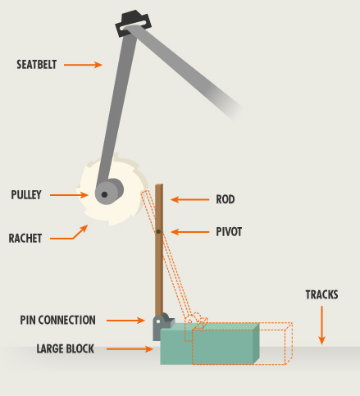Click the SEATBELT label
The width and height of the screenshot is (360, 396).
[x=37, y=65]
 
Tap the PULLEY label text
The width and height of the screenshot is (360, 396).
[x=26, y=195]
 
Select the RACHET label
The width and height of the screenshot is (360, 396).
[x=25, y=239]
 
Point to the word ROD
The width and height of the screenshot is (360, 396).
[x=226, y=199]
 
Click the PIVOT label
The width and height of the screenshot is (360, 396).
[x=229, y=232]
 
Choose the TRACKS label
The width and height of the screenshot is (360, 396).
[x=321, y=294]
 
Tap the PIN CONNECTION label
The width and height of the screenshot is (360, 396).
[x=58, y=320]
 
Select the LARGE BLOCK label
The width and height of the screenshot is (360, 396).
[x=66, y=349]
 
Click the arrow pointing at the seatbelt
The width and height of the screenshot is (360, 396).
[x=83, y=65]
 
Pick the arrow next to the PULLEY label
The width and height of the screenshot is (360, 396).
[x=69, y=195]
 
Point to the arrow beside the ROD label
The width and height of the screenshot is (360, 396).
[x=189, y=199]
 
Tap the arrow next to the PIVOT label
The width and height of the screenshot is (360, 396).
[x=189, y=232]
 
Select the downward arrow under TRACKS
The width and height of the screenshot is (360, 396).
[x=321, y=325]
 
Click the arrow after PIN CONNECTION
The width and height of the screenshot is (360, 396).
[x=125, y=321]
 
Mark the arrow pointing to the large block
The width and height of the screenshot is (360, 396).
[x=130, y=349]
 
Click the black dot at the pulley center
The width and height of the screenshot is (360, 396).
[x=104, y=194]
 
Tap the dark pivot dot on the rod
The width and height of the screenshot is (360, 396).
[x=158, y=232]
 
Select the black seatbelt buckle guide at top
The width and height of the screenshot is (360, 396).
[x=133, y=23]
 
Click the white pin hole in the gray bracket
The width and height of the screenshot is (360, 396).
[x=158, y=321]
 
